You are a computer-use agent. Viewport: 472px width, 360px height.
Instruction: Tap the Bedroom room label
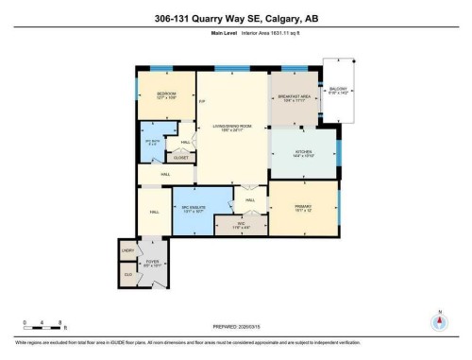(165, 95)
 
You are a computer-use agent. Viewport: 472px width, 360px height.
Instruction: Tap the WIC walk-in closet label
(241, 226)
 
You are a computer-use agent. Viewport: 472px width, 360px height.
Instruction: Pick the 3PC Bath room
(151, 144)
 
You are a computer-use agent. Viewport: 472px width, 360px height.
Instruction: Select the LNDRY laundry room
(127, 251)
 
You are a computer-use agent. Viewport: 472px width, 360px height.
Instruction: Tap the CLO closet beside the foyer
(127, 275)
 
